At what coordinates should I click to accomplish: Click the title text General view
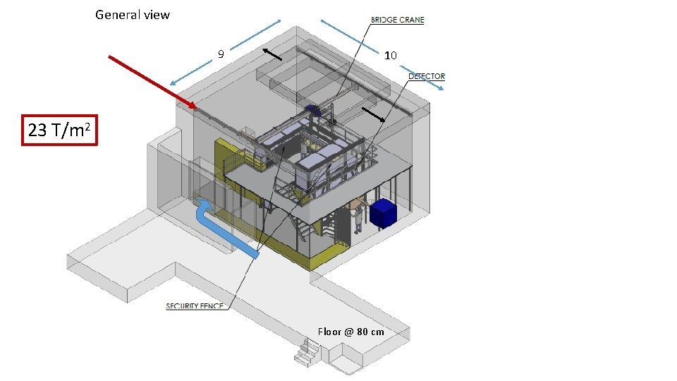click(133, 15)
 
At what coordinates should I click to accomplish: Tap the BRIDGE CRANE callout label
click(397, 20)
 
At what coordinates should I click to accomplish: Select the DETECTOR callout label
click(427, 76)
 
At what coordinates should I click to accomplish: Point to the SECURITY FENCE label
click(195, 306)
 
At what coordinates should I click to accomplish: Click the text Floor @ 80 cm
click(350, 332)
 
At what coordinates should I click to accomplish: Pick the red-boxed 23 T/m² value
click(59, 130)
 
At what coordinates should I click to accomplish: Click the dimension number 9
click(221, 54)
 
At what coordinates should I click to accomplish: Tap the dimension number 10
click(390, 55)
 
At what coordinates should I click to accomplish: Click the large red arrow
click(153, 82)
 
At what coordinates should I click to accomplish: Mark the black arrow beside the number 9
click(272, 54)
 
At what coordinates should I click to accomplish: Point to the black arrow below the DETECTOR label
click(373, 114)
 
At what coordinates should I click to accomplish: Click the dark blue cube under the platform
click(383, 213)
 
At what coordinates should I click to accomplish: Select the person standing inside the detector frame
click(305, 147)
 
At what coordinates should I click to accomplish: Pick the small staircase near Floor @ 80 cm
click(307, 353)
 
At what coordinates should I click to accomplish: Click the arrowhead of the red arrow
click(193, 105)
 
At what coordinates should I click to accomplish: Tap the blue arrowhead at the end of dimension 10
click(439, 87)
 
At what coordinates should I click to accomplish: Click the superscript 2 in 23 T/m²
click(87, 126)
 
